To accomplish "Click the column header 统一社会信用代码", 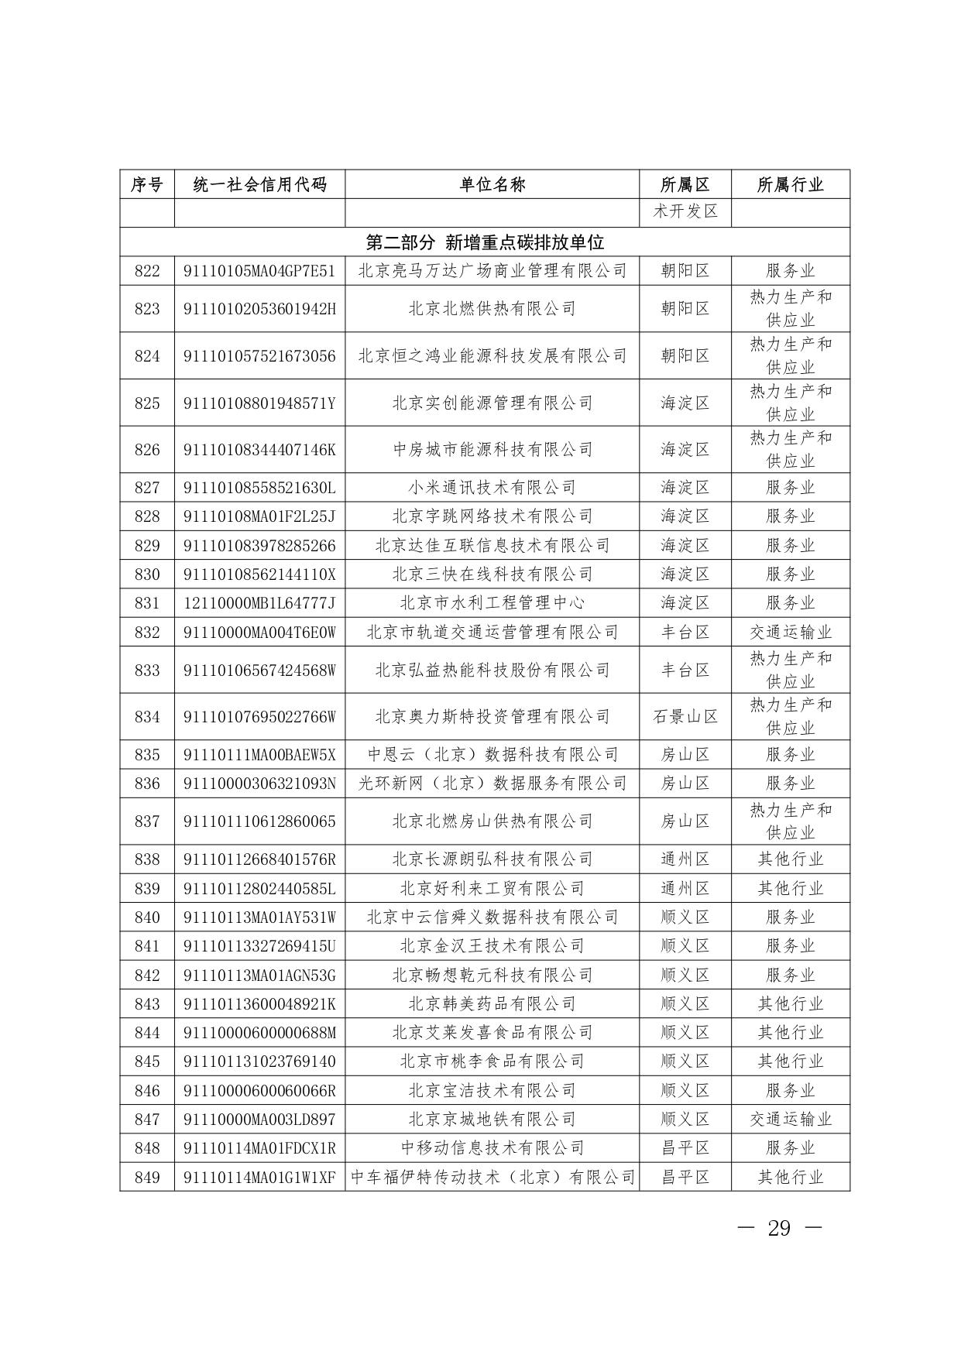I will pyautogui.click(x=259, y=184).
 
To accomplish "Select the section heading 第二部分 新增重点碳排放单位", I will pyautogui.click(x=485, y=242).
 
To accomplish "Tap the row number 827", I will pyautogui.click(x=147, y=488).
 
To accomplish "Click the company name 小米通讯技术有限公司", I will pyautogui.click(x=493, y=488).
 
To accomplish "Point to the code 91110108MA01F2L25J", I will pyautogui.click(x=259, y=516).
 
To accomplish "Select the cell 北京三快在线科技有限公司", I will pyautogui.click(x=493, y=574).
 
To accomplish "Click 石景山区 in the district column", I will pyautogui.click(x=685, y=717).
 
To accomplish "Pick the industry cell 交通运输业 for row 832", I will pyautogui.click(x=790, y=633).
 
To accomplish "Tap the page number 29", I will pyautogui.click(x=778, y=1229).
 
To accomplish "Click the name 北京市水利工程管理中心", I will pyautogui.click(x=493, y=603).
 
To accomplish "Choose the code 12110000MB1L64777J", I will pyautogui.click(x=259, y=603).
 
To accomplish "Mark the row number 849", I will pyautogui.click(x=147, y=1178).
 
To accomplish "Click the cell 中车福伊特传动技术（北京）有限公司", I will pyautogui.click(x=493, y=1178).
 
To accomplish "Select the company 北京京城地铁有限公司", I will pyautogui.click(x=493, y=1120).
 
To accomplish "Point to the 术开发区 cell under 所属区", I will pyautogui.click(x=685, y=211).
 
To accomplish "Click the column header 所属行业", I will pyautogui.click(x=790, y=184).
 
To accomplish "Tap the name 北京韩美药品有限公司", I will pyautogui.click(x=493, y=1004).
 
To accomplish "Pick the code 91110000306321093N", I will pyautogui.click(x=259, y=784).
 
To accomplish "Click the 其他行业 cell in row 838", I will pyautogui.click(x=790, y=859).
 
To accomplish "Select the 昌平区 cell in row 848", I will pyautogui.click(x=685, y=1148).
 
